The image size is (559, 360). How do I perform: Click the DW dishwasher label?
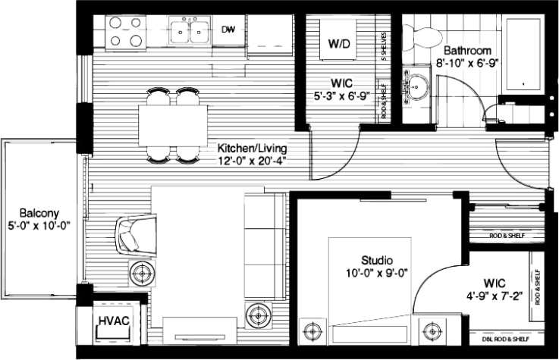point(228,30)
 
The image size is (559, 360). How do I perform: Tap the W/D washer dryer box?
point(339,43)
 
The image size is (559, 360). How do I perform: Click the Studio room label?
point(376,260)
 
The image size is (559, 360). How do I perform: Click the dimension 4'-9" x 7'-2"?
point(495,297)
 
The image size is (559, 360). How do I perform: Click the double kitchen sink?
point(190,31)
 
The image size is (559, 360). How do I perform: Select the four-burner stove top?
point(125,32)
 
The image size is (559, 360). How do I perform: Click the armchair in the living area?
point(137,235)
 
